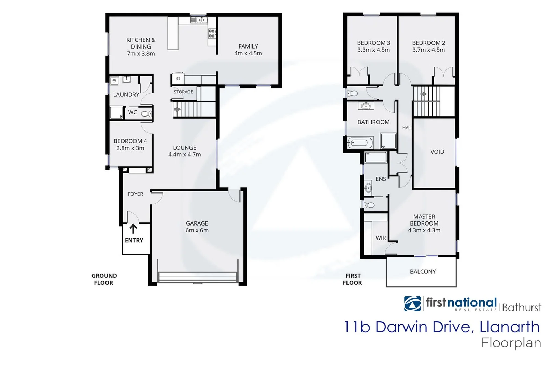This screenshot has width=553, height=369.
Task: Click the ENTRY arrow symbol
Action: click(133, 229)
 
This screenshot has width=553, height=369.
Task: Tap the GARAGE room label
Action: click(197, 223)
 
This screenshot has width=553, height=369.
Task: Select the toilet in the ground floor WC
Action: click(147, 113)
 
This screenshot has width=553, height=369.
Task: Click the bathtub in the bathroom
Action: click(360, 142)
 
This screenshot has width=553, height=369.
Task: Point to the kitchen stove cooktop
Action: click(212, 33)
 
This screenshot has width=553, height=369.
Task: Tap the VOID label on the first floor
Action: click(437, 152)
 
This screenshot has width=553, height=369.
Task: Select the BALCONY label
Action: click(423, 272)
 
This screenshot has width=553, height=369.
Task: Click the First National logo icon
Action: click(412, 303)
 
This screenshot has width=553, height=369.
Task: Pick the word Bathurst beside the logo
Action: click(521, 307)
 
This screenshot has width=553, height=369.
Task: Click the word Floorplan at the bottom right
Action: click(511, 343)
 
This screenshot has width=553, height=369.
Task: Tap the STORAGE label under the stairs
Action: click(183, 92)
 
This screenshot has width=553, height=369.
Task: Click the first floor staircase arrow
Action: click(423, 94)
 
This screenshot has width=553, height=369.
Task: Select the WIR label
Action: click(381, 238)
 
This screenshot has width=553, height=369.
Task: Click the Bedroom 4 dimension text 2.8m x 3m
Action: click(130, 148)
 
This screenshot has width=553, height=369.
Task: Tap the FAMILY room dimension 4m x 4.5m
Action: click(248, 53)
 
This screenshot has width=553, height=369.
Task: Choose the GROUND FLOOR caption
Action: click(104, 279)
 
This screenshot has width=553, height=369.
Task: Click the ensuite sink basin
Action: click(368, 187)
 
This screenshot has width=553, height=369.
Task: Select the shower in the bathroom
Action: click(388, 141)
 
